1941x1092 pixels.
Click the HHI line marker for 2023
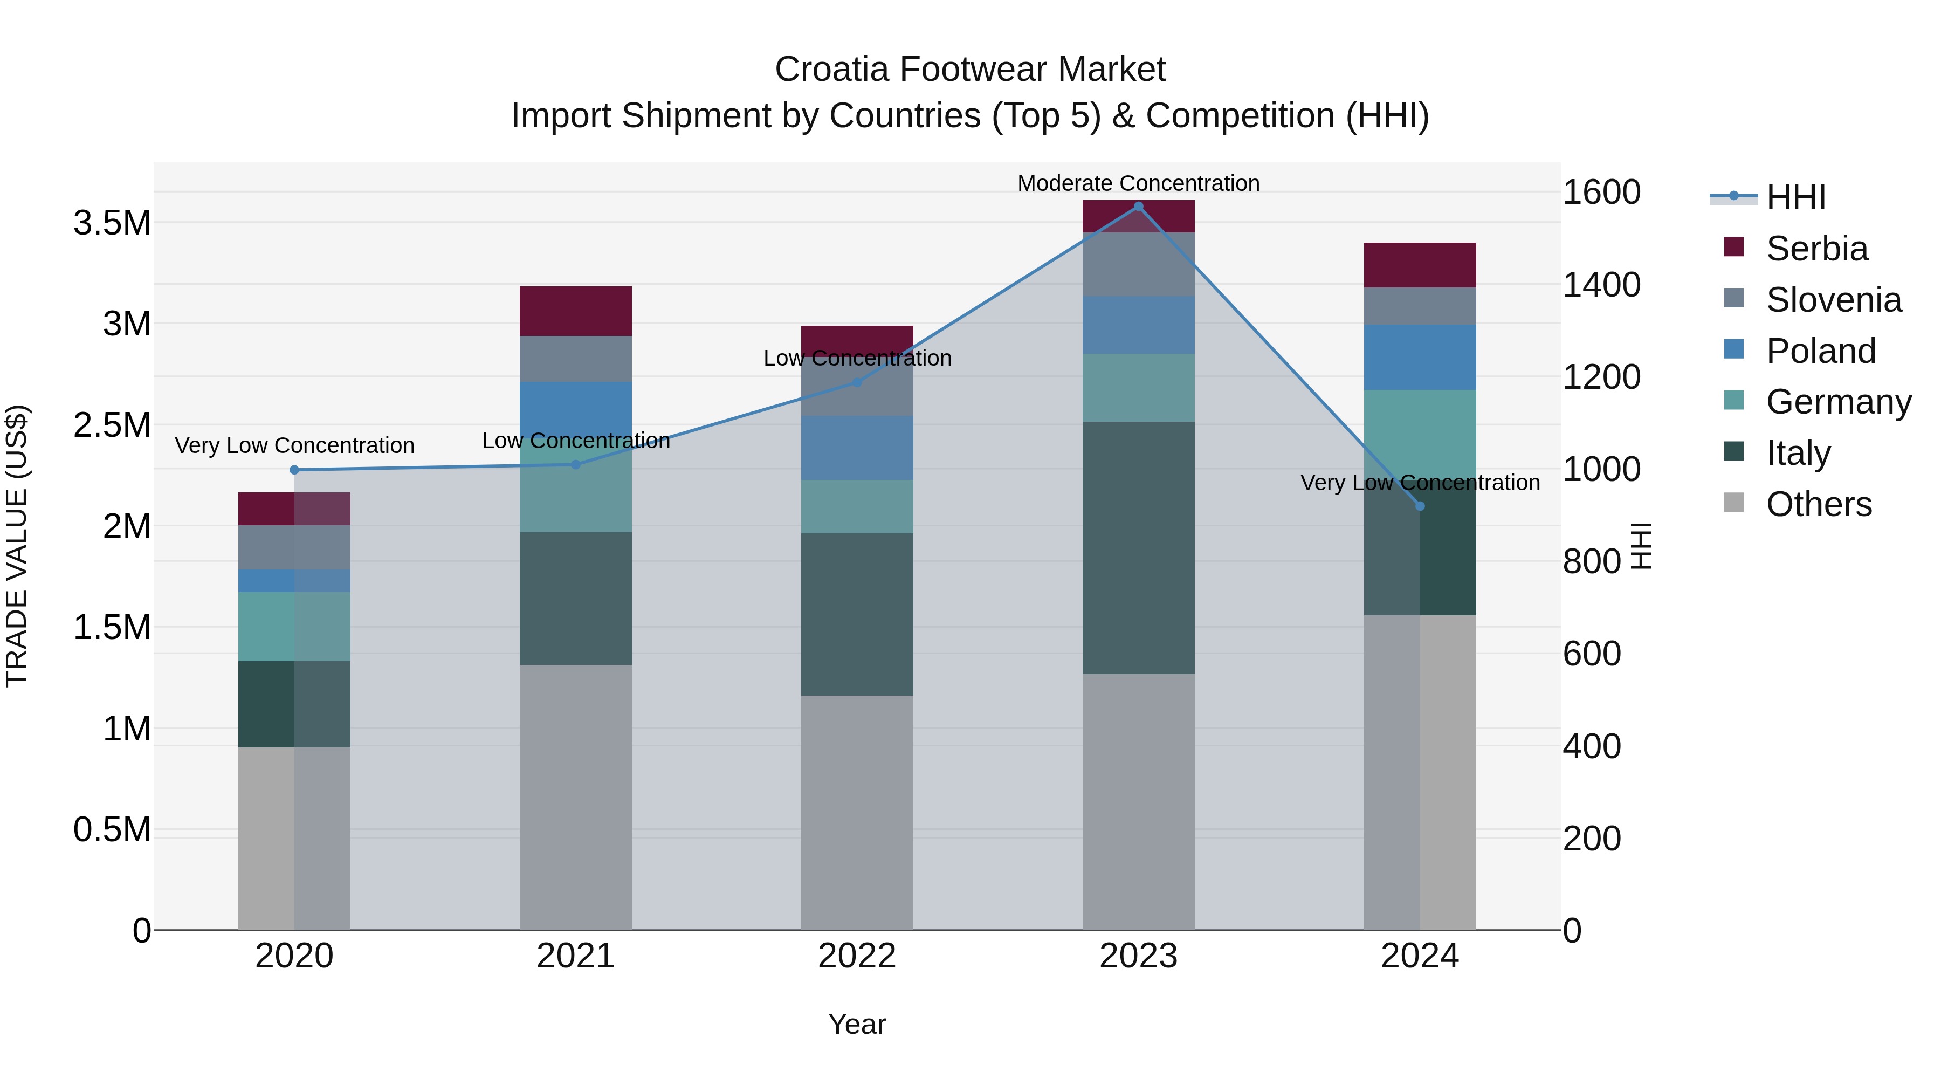click(1138, 206)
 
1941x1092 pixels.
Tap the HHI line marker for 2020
click(294, 470)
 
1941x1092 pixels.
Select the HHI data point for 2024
click(1420, 506)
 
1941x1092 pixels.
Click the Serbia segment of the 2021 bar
click(576, 311)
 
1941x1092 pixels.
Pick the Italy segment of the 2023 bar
click(1138, 547)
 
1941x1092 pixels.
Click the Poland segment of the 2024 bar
click(1420, 356)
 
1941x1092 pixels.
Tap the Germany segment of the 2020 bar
click(294, 626)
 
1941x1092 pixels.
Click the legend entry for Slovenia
click(1833, 300)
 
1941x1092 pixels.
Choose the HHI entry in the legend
click(1795, 197)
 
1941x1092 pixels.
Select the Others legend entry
click(1818, 504)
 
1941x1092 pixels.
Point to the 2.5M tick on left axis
click(112, 425)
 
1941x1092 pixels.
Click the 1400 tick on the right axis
click(1601, 285)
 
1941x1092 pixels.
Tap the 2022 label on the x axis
click(857, 956)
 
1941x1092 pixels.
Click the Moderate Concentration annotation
click(1138, 183)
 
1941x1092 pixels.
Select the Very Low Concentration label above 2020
click(294, 445)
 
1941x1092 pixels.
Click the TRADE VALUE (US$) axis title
click(17, 546)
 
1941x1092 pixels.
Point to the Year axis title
click(857, 1024)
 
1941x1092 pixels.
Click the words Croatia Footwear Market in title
click(970, 70)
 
